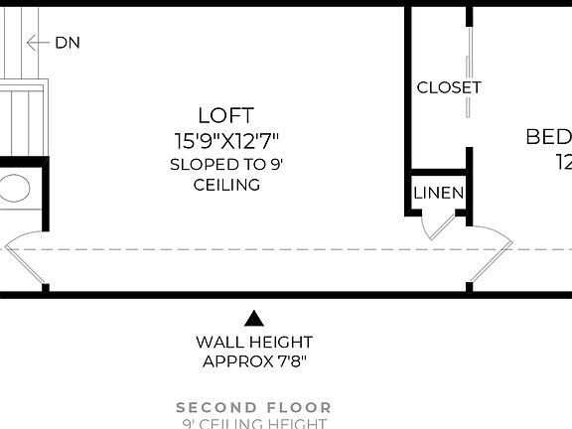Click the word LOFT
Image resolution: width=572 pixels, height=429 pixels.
tap(226, 116)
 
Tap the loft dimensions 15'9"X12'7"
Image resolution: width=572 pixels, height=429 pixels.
tap(226, 141)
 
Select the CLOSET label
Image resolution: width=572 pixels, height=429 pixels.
tap(449, 87)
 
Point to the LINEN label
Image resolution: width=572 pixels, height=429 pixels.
tap(438, 193)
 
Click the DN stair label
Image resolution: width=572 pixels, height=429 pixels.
tap(68, 43)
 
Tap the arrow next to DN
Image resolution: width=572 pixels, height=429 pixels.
tap(37, 43)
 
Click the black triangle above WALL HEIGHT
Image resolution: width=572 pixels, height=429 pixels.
tap(254, 319)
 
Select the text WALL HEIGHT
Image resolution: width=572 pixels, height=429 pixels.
tap(254, 343)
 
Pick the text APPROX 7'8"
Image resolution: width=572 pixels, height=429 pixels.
tap(254, 361)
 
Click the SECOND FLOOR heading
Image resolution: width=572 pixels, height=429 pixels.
tap(254, 407)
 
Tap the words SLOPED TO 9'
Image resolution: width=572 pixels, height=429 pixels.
tap(226, 164)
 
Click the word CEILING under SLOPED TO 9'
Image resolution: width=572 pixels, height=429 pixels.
tap(226, 185)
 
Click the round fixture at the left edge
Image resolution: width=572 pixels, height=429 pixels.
tap(13, 189)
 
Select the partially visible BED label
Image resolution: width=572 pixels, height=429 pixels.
tap(548, 137)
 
